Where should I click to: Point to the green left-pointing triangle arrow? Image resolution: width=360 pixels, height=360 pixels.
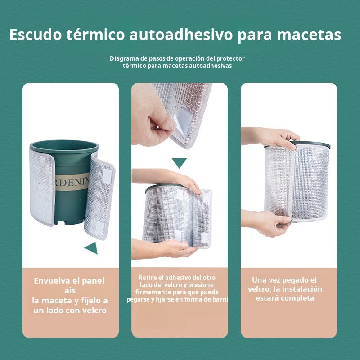(x=91, y=247)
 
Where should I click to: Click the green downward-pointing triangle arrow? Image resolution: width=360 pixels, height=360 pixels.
(x=179, y=162)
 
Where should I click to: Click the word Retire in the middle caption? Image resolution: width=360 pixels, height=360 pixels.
(x=148, y=278)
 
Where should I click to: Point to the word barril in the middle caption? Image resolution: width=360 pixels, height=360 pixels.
(x=220, y=299)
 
